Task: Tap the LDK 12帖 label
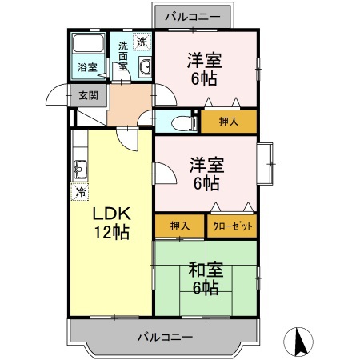pos(110,223)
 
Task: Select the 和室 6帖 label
pos(205,278)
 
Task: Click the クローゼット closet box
pos(232,226)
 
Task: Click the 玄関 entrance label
pos(88,95)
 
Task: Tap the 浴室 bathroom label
pos(87,67)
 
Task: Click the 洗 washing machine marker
pos(142,42)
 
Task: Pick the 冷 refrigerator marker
pos(81,192)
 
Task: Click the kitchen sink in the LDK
pos(81,169)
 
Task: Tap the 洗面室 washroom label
pos(123,56)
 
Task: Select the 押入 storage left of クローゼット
pos(179,226)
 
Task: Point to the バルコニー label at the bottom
pos(164,337)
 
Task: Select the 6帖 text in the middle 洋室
pos(205,183)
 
